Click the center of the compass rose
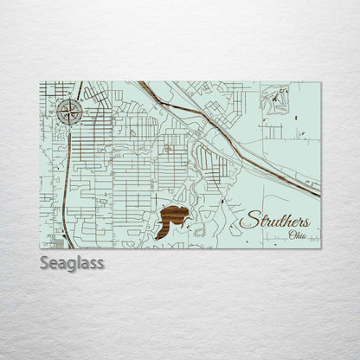click(72, 111)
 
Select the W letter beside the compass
click(57, 111)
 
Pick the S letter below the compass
click(72, 126)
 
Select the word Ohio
click(298, 235)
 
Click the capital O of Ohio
click(292, 235)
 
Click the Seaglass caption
click(72, 262)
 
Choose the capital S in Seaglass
click(45, 262)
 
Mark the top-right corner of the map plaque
click(320, 82)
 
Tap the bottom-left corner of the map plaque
click(40, 248)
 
